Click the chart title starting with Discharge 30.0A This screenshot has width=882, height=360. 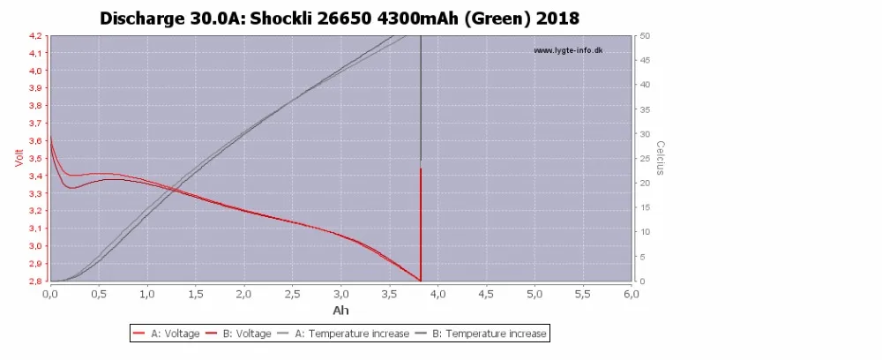click(340, 18)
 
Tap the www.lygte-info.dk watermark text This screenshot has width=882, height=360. click(568, 50)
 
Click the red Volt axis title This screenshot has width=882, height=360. click(18, 158)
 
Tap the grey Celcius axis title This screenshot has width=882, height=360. click(659, 158)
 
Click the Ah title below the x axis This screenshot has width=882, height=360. click(340, 311)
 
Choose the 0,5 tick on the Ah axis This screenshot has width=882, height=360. click(99, 294)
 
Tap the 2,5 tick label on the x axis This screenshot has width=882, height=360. click(293, 294)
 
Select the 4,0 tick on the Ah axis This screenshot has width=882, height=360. click(437, 294)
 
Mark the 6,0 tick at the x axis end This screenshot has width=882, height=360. click(632, 294)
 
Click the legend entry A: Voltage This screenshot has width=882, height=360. click(167, 334)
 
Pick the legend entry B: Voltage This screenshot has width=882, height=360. click(238, 334)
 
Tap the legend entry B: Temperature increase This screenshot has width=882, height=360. click(480, 334)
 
